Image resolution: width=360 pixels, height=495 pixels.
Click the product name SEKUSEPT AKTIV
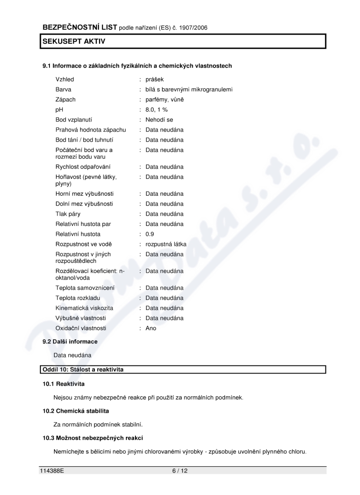click(74, 41)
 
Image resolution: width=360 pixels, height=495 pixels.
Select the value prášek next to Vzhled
click(154, 79)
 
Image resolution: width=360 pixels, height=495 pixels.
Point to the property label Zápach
click(66, 99)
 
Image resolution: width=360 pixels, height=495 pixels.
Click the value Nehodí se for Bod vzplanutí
click(159, 120)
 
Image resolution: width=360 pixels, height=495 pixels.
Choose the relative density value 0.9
click(150, 234)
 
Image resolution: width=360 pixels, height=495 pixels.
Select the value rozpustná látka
click(166, 244)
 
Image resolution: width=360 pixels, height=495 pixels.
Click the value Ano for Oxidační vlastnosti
click(151, 328)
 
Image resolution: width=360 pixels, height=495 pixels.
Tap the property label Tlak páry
click(68, 214)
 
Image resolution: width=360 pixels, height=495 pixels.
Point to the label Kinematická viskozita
click(84, 308)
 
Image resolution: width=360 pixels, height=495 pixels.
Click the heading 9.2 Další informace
click(70, 342)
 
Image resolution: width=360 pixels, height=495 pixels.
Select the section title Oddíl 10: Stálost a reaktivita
click(83, 369)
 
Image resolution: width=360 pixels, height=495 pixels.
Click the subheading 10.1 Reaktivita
click(63, 384)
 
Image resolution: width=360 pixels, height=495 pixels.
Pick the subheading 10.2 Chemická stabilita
click(76, 411)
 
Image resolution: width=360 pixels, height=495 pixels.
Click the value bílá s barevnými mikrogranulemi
click(189, 89)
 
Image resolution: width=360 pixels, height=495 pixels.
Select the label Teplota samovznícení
click(85, 288)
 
